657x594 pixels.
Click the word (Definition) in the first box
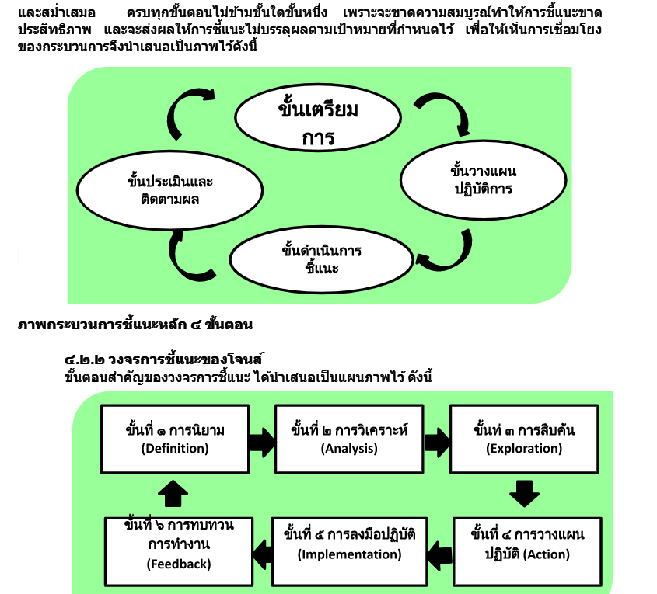pyautogui.click(x=175, y=449)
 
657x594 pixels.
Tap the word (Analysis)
pyautogui.click(x=349, y=449)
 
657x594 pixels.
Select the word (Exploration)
pyautogui.click(x=524, y=449)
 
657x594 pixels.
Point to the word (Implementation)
pyautogui.click(x=349, y=554)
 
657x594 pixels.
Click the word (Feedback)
pyautogui.click(x=179, y=564)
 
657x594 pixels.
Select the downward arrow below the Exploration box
pyautogui.click(x=524, y=494)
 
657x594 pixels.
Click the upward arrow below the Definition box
pyautogui.click(x=173, y=494)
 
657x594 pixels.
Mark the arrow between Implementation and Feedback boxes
pyautogui.click(x=263, y=554)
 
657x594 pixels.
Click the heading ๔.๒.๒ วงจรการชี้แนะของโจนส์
pyautogui.click(x=163, y=360)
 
